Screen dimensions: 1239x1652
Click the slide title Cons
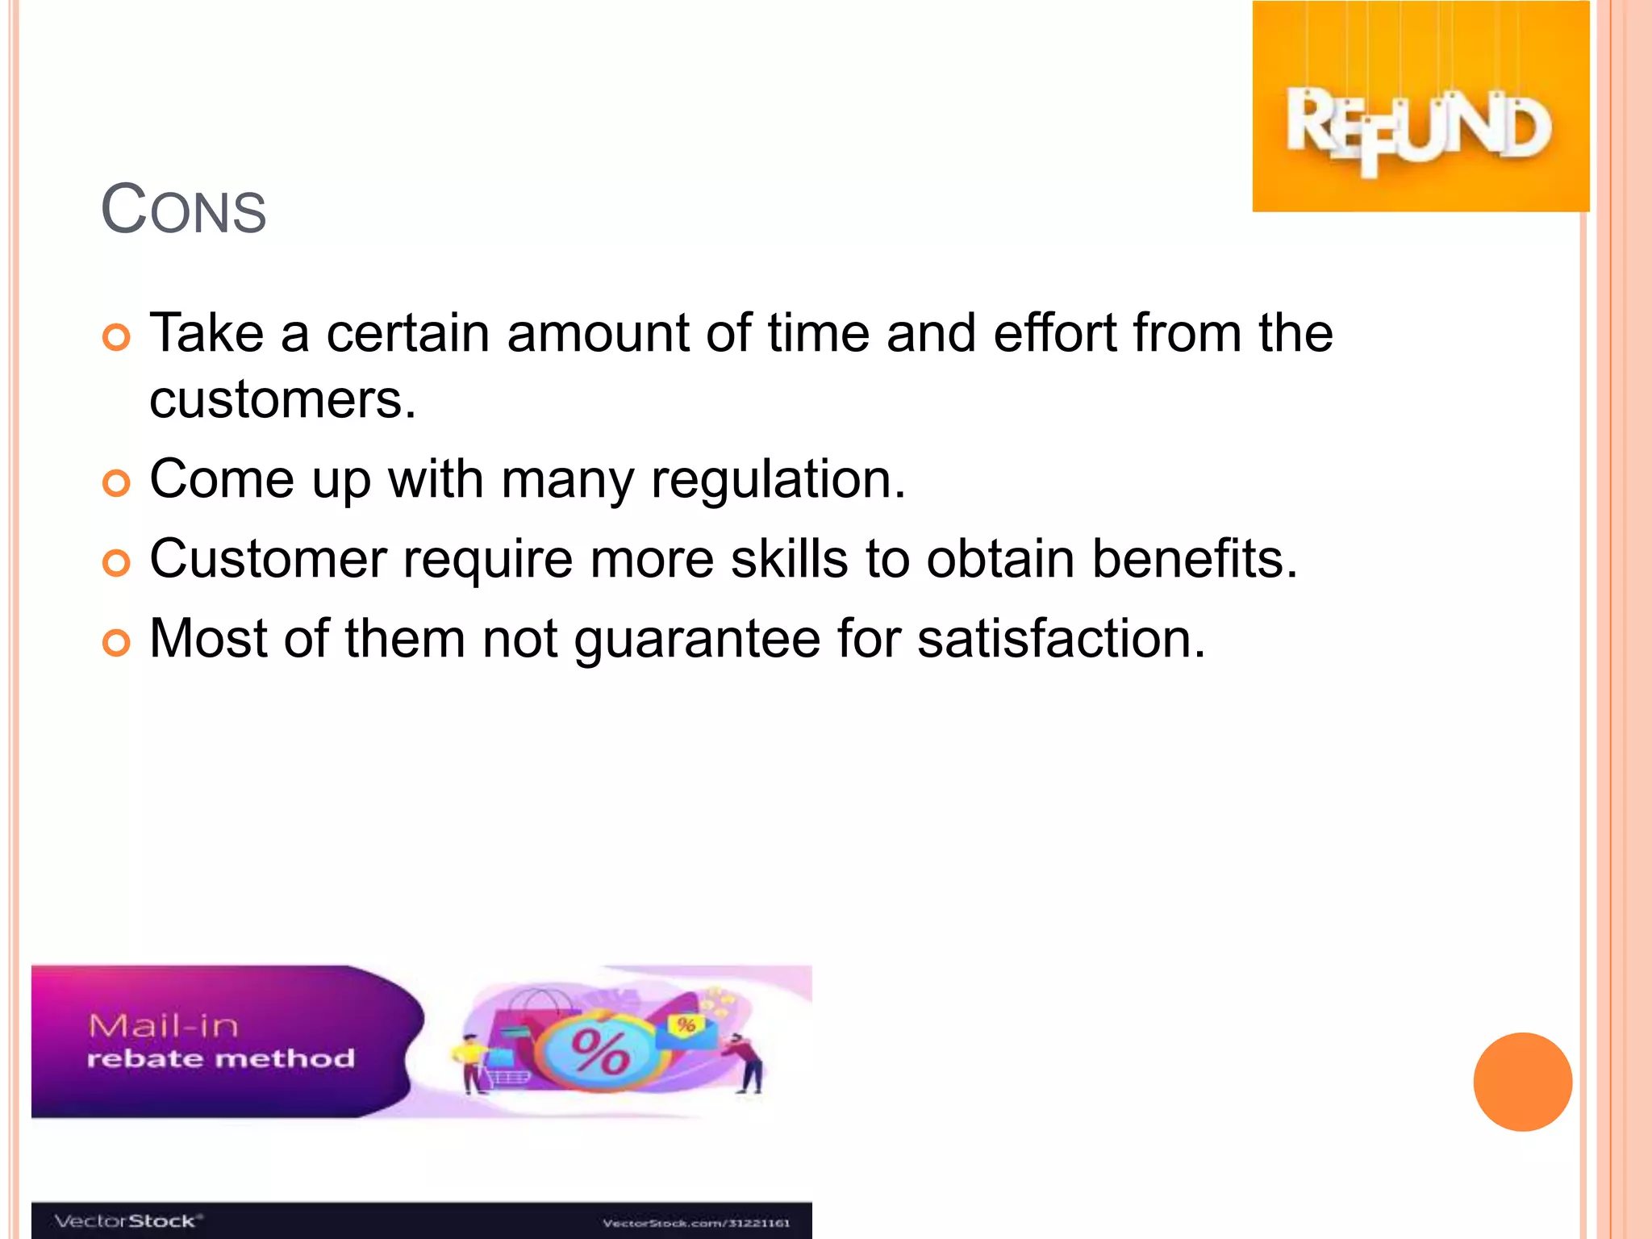pos(183,210)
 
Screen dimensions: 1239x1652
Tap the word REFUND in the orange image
pos(1419,128)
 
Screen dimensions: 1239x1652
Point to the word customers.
pos(282,399)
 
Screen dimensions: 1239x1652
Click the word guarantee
pos(697,639)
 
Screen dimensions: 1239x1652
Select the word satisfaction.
pos(1061,639)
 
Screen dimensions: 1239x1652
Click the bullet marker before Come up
pos(117,483)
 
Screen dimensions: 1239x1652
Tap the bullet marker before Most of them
pos(117,643)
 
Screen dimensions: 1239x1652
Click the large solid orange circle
pos(1522,1082)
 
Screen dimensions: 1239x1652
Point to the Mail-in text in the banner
pos(164,1026)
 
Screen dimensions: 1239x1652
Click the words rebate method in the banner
pos(220,1059)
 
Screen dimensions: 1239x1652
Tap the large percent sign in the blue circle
pos(600,1052)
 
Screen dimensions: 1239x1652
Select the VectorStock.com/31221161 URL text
pos(696,1223)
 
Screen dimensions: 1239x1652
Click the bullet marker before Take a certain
pos(117,337)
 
